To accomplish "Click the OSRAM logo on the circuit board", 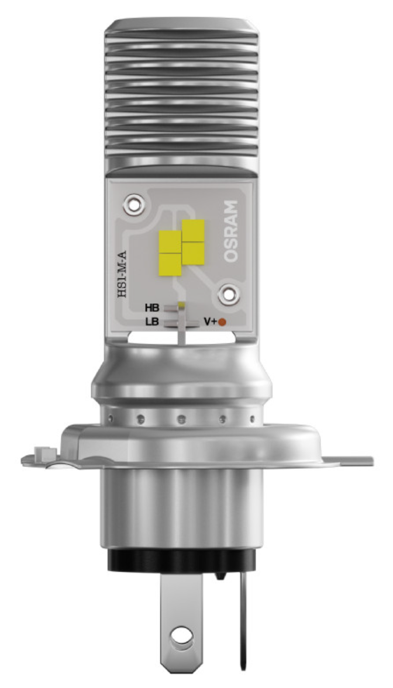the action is point(232,231).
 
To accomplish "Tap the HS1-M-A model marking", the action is point(122,274).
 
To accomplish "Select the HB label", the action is point(152,307).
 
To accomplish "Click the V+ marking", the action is point(209,322).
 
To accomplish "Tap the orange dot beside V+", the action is point(222,322).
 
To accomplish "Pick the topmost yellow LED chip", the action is point(193,230).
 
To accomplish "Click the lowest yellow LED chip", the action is point(170,265).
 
